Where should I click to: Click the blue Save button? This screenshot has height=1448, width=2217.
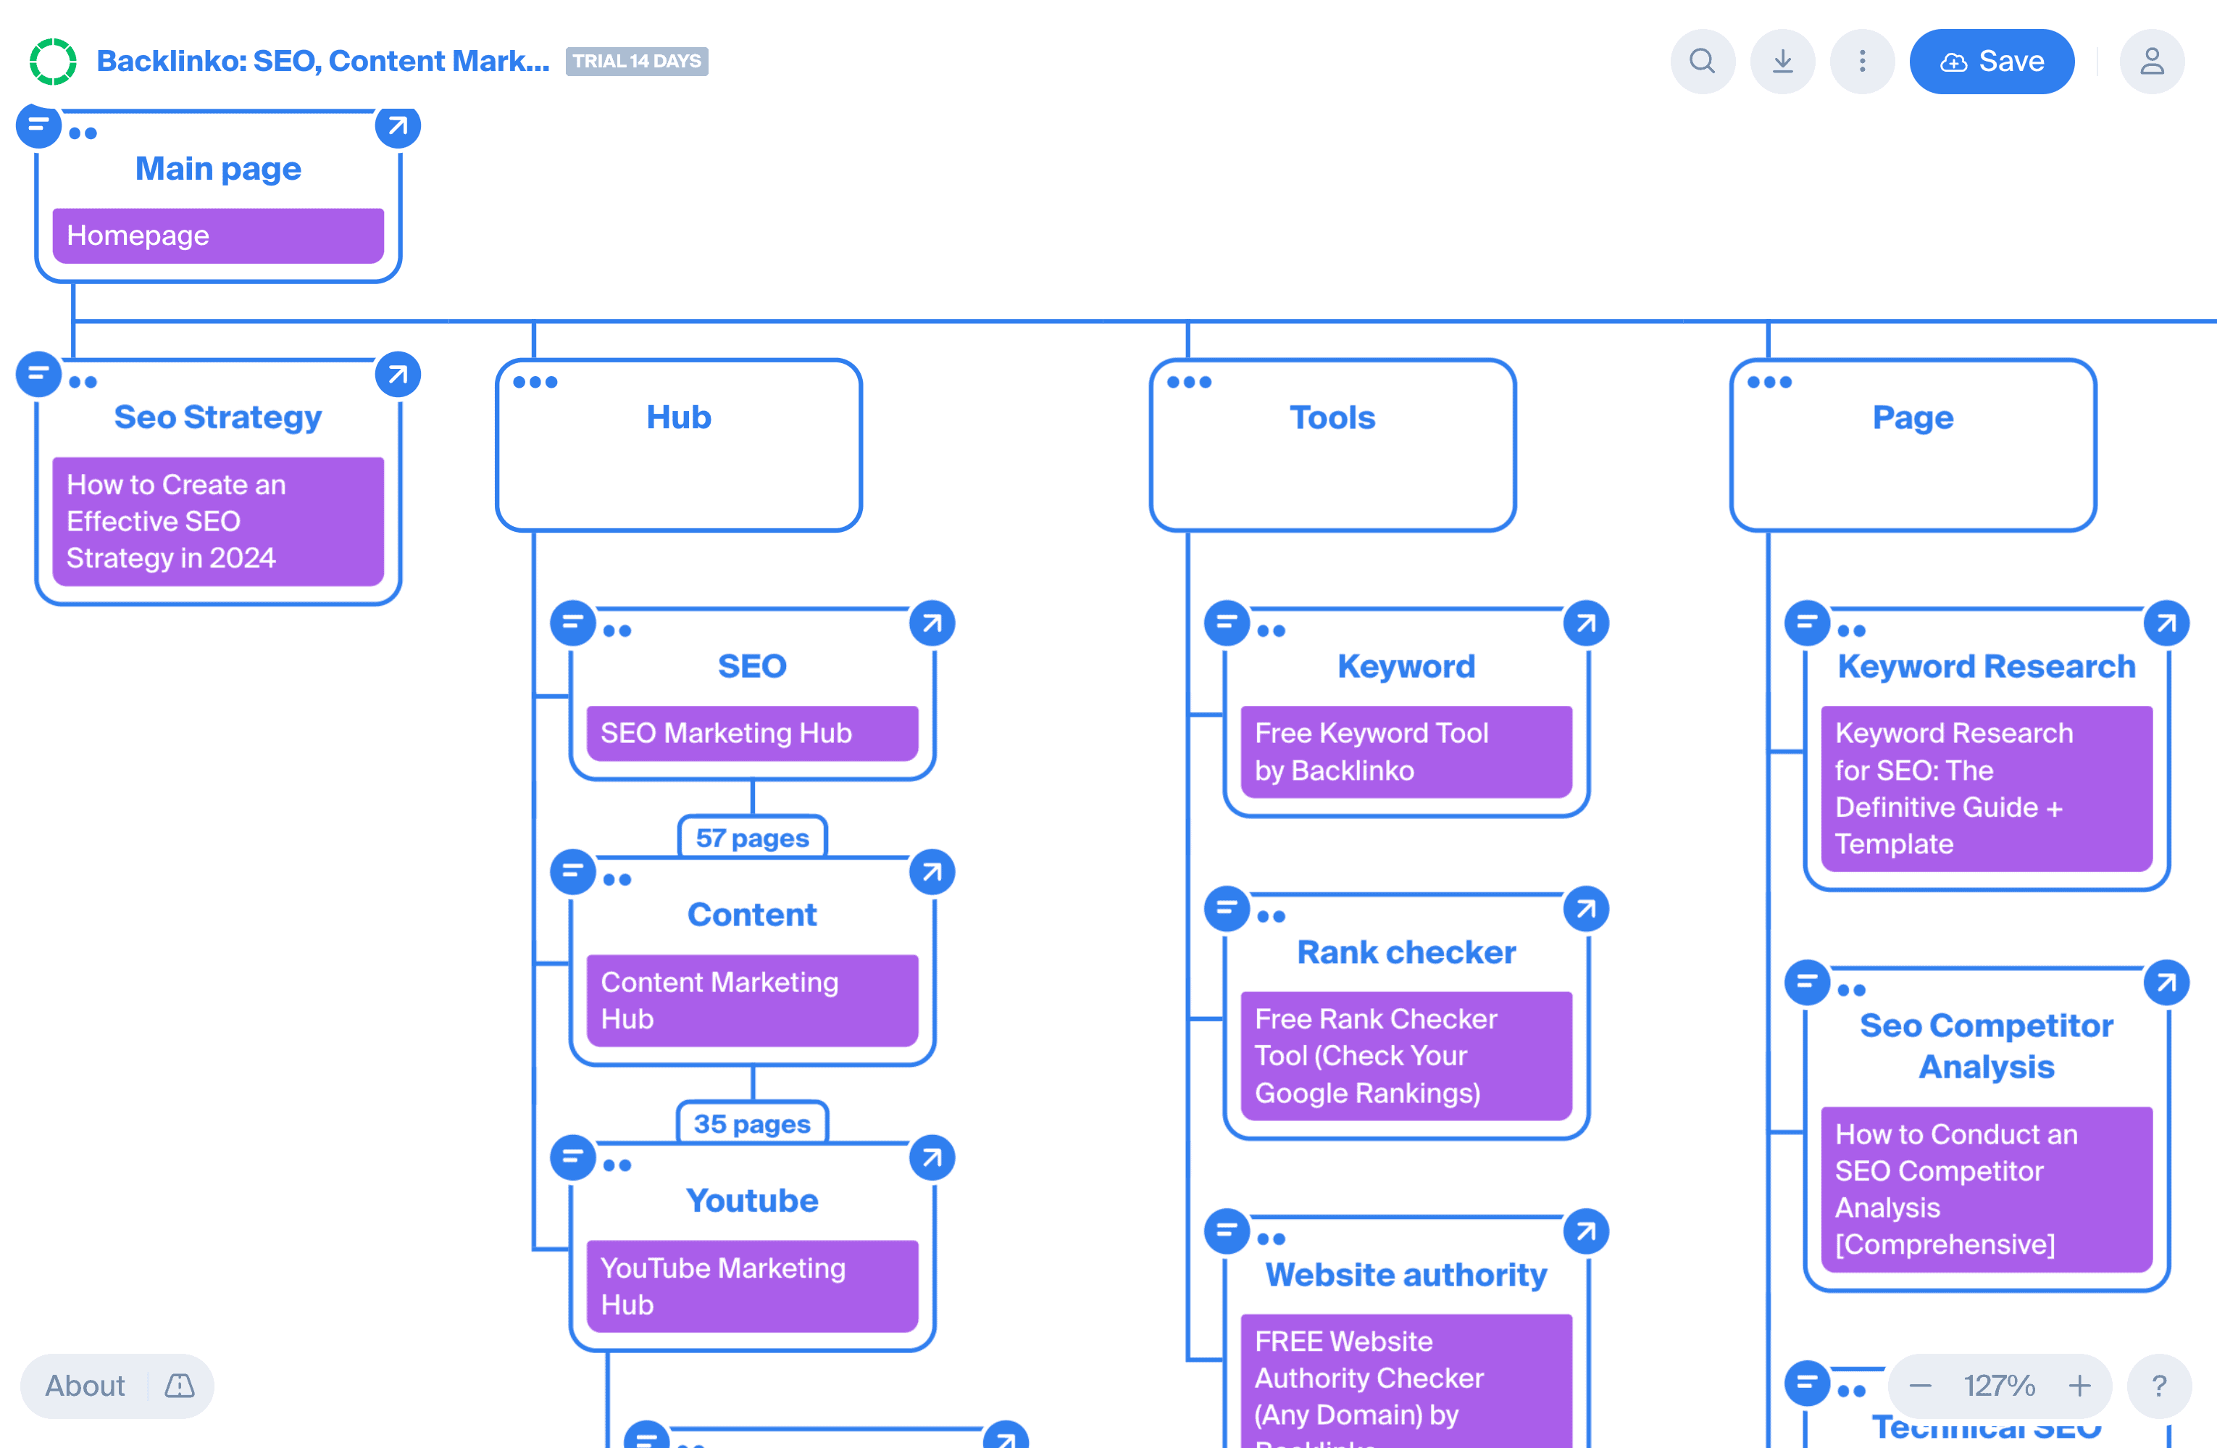coord(1991,62)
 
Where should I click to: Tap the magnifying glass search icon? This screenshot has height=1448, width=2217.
coord(1702,62)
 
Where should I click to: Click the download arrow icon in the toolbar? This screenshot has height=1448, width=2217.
coord(1782,62)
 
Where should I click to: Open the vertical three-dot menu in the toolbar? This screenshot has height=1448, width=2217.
coord(1861,62)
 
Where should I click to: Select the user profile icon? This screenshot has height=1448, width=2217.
coord(2151,62)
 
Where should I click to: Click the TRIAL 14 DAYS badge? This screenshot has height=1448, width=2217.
coord(636,62)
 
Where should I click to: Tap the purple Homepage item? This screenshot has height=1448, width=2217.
coord(218,236)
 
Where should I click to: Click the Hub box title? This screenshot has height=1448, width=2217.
coord(678,417)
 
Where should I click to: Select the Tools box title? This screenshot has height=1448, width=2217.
coord(1332,417)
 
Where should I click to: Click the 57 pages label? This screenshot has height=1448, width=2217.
coord(752,838)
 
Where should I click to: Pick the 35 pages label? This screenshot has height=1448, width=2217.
coord(752,1124)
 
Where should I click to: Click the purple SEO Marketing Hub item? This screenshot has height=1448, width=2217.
coord(752,733)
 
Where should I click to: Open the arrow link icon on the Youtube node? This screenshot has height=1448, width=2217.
coord(932,1158)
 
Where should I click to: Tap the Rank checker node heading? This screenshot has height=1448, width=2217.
coord(1406,952)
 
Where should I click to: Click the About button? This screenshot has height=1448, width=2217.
coord(85,1386)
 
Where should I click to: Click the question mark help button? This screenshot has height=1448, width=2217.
coord(2158,1386)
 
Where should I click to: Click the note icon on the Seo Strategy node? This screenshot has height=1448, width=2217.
coord(38,375)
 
